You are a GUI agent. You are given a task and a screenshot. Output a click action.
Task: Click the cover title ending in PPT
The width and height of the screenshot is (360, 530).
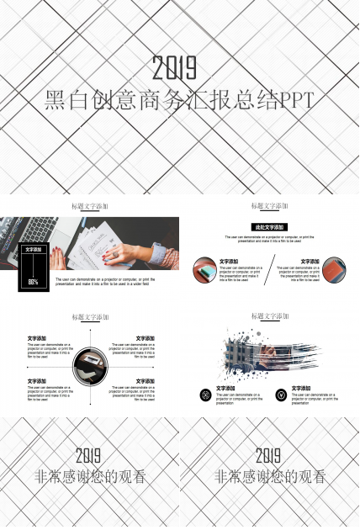click(178, 101)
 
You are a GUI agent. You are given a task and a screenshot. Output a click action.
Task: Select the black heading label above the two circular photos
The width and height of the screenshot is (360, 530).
click(269, 227)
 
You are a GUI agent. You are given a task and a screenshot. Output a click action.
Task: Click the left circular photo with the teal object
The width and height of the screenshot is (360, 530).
click(204, 269)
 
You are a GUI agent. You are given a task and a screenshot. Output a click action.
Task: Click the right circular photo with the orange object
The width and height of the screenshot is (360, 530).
click(334, 269)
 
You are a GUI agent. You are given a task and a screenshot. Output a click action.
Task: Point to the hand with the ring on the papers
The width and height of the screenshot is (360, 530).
click(118, 252)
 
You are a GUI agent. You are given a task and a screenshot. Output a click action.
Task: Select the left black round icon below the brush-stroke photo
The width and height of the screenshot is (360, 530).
click(205, 395)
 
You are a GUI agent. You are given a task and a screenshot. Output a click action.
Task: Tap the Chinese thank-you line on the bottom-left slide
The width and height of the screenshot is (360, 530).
click(89, 477)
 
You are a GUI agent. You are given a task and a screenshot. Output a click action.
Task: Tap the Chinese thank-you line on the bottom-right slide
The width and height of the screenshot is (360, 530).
click(268, 477)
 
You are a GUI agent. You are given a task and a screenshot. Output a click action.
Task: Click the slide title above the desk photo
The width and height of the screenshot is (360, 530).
click(90, 206)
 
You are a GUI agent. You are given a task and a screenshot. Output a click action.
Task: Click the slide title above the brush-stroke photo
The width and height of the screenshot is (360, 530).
click(269, 316)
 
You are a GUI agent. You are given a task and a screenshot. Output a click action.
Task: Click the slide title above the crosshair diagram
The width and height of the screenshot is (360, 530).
click(90, 317)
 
